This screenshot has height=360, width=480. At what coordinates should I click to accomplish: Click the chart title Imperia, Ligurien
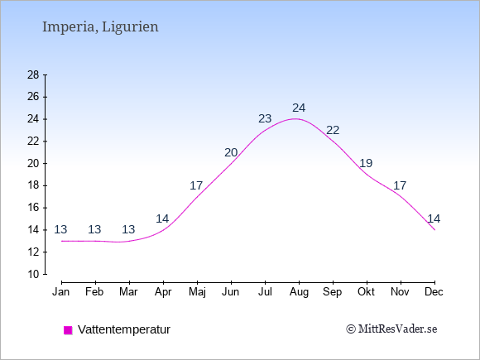click(100, 27)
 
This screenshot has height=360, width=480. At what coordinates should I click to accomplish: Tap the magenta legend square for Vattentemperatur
click(68, 330)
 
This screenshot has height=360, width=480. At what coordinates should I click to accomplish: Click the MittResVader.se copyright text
click(391, 329)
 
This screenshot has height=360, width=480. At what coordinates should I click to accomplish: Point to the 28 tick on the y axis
click(33, 74)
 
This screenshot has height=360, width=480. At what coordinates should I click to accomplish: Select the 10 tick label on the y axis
click(33, 274)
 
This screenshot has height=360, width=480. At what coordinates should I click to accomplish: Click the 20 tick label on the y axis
click(33, 164)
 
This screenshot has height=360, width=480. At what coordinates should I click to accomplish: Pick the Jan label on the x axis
click(61, 292)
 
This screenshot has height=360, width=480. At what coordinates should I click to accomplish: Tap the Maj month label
click(197, 292)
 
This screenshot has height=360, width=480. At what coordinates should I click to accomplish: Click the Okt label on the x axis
click(366, 292)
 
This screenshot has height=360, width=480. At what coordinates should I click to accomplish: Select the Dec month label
click(434, 292)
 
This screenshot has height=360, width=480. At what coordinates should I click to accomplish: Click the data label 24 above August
click(299, 108)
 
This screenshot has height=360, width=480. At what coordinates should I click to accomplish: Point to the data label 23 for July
click(265, 118)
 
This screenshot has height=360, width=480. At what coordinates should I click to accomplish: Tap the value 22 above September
click(333, 131)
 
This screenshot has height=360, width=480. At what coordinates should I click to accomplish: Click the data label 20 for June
click(231, 152)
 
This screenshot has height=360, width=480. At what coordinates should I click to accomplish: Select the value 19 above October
click(366, 164)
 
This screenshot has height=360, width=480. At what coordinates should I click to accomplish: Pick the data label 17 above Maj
click(196, 185)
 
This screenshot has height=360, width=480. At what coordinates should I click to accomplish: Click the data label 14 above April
click(162, 218)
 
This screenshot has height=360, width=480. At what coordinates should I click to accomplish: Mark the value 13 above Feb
click(94, 229)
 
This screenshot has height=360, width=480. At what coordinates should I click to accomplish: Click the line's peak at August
click(295, 119)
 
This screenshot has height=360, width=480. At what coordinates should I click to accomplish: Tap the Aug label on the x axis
click(299, 292)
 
